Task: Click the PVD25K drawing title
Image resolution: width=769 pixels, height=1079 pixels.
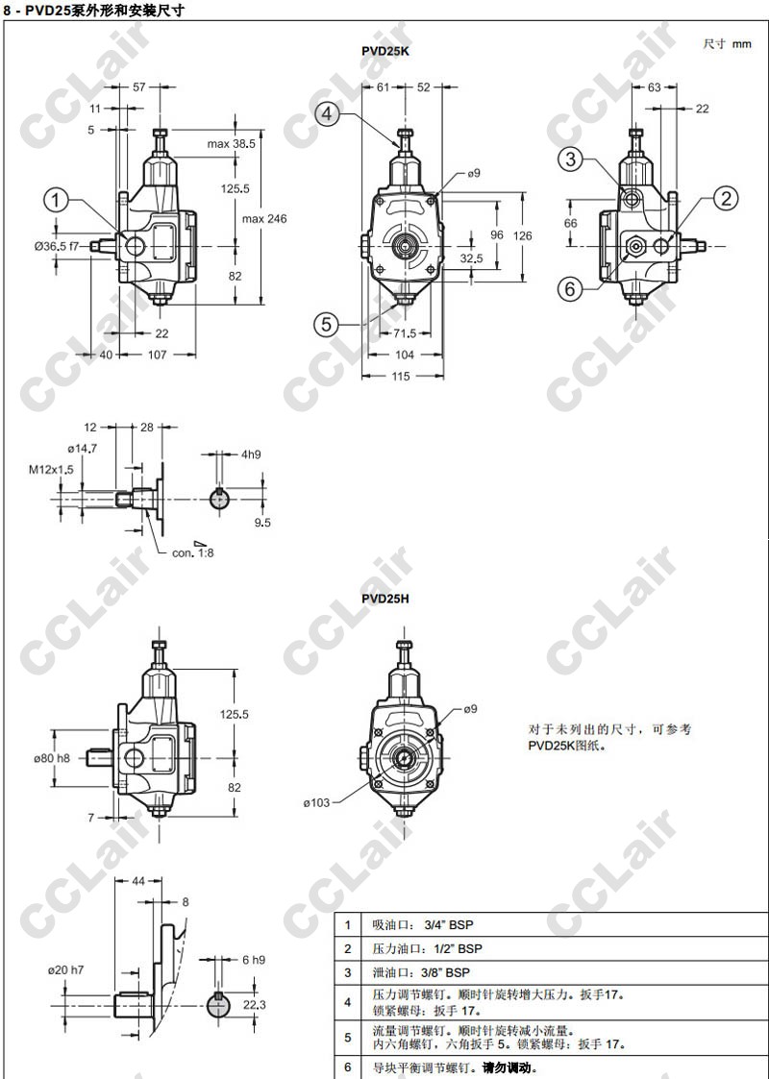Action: (x=385, y=51)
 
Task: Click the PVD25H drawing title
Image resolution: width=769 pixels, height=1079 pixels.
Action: (x=385, y=599)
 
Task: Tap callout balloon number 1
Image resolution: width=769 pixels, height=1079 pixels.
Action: (x=57, y=201)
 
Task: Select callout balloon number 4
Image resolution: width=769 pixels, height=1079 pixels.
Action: (x=327, y=113)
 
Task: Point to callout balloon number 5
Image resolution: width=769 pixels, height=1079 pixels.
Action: (x=327, y=324)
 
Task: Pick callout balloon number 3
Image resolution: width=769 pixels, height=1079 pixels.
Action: (x=571, y=159)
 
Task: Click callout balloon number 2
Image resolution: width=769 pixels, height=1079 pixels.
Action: (x=726, y=199)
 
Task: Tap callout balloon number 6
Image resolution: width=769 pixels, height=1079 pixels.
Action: (x=570, y=289)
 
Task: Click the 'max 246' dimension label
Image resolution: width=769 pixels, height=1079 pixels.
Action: (x=264, y=219)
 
